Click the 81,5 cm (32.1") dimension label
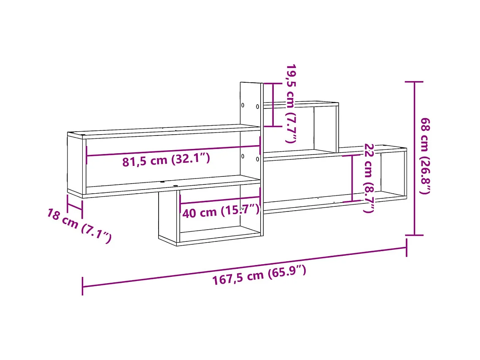tap(166, 160)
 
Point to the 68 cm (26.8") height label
tap(425, 156)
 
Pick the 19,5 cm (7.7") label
tap(291, 103)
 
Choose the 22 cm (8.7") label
tap(369, 178)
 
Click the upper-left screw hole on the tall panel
tap(243, 105)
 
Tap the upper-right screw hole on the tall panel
tap(257, 107)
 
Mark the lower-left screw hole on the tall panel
tap(243, 156)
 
